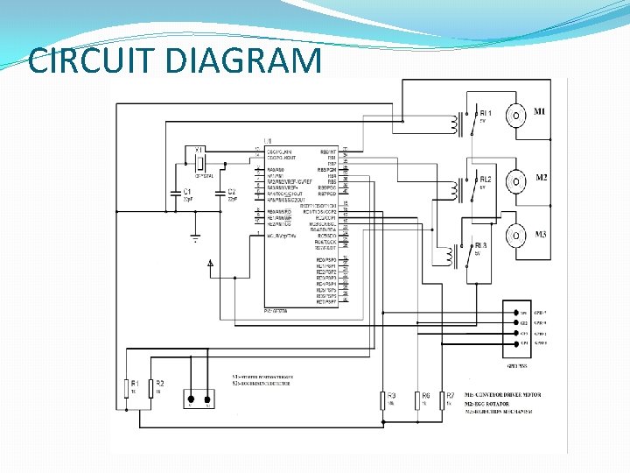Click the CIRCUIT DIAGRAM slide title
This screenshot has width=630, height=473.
(175, 60)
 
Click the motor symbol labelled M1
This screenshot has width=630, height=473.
(517, 115)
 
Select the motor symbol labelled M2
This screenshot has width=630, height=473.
(517, 181)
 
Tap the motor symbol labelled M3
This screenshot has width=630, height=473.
(517, 235)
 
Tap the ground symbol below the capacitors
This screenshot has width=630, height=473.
(196, 236)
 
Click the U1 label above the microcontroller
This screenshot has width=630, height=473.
(267, 141)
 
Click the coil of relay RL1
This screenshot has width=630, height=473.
(455, 124)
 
